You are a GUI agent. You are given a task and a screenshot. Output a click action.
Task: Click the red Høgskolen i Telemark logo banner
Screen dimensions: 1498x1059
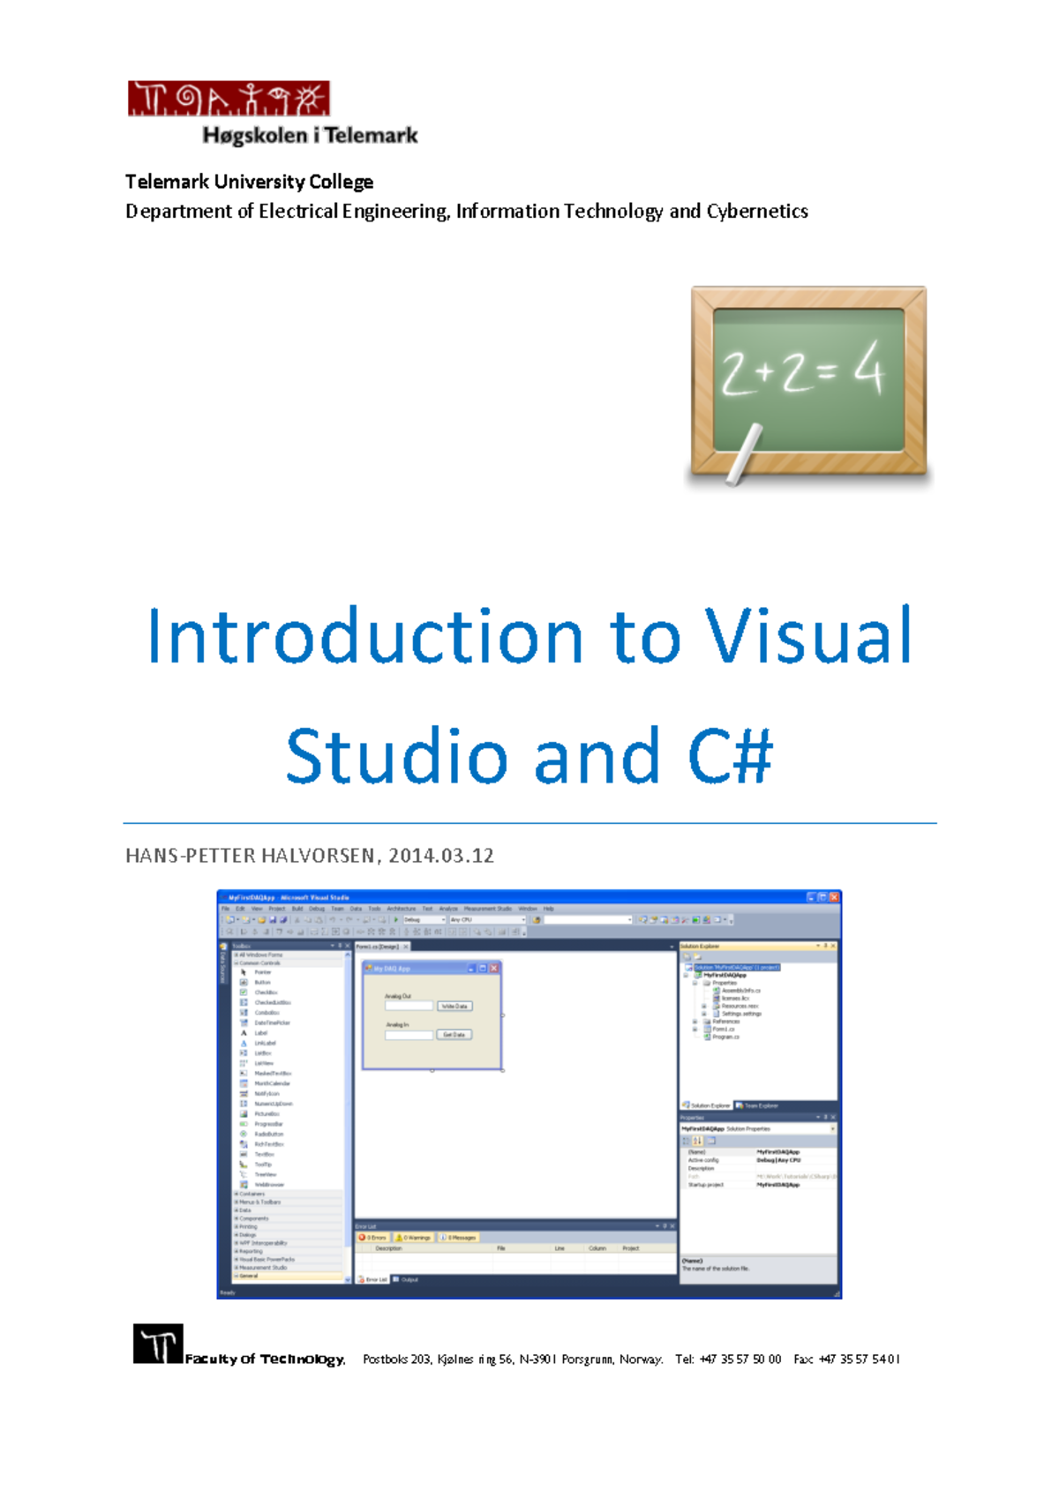[x=229, y=99]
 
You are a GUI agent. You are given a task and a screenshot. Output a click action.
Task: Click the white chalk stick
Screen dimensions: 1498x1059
[x=743, y=453]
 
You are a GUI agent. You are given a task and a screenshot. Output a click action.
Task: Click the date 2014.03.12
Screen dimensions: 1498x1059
[x=441, y=856]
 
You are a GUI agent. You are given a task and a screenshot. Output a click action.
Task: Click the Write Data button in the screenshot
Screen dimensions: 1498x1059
[x=454, y=1006]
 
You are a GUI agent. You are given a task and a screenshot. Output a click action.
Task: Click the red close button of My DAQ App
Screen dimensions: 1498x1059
[x=494, y=968]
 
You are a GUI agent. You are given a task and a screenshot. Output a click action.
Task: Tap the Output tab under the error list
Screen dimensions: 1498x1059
[x=407, y=1279]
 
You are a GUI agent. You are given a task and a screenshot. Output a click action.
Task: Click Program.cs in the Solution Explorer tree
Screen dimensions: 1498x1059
[x=725, y=1037]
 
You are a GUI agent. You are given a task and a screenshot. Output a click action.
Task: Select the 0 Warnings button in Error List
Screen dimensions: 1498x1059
[x=414, y=1238]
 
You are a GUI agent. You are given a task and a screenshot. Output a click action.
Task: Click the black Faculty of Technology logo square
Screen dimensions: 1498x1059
[x=158, y=1344]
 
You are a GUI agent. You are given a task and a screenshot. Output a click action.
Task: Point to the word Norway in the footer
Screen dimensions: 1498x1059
[x=640, y=1359]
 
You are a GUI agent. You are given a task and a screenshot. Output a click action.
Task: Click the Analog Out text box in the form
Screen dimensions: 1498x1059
[x=409, y=1006]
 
